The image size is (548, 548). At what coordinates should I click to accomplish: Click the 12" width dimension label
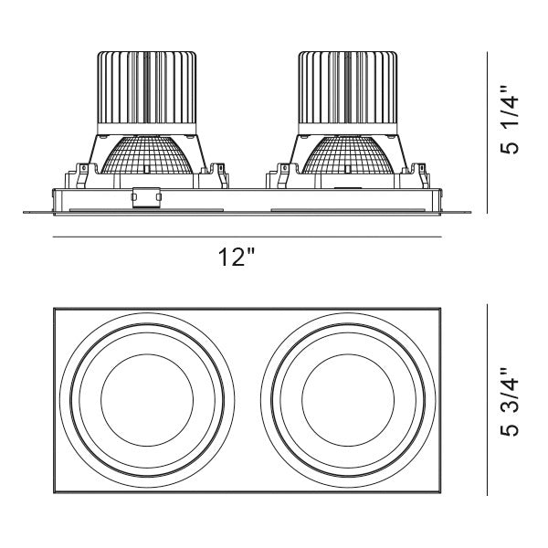[x=236, y=258]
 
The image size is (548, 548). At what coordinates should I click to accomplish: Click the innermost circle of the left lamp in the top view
[x=144, y=402]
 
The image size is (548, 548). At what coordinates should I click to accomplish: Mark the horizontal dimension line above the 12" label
[x=247, y=237]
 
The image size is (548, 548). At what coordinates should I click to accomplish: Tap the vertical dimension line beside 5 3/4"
[x=485, y=402]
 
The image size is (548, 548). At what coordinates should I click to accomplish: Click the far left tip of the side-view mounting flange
[x=24, y=213]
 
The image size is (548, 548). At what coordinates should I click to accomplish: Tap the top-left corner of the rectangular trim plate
[x=54, y=309]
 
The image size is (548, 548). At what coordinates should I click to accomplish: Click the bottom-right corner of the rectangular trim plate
[x=441, y=496]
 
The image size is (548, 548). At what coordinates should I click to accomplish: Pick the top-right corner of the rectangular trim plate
[x=441, y=309]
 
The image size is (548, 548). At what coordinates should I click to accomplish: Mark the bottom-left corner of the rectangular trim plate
[x=54, y=496]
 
